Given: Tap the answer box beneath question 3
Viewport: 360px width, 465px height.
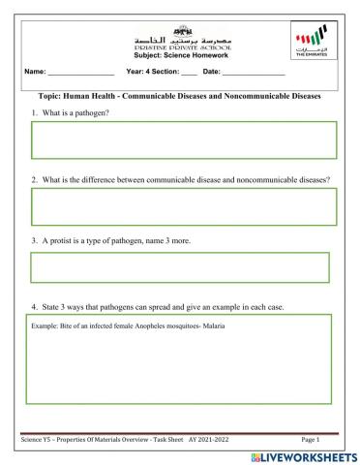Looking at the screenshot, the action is (180, 268).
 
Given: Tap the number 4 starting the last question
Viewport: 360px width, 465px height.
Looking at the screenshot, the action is (33, 308).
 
